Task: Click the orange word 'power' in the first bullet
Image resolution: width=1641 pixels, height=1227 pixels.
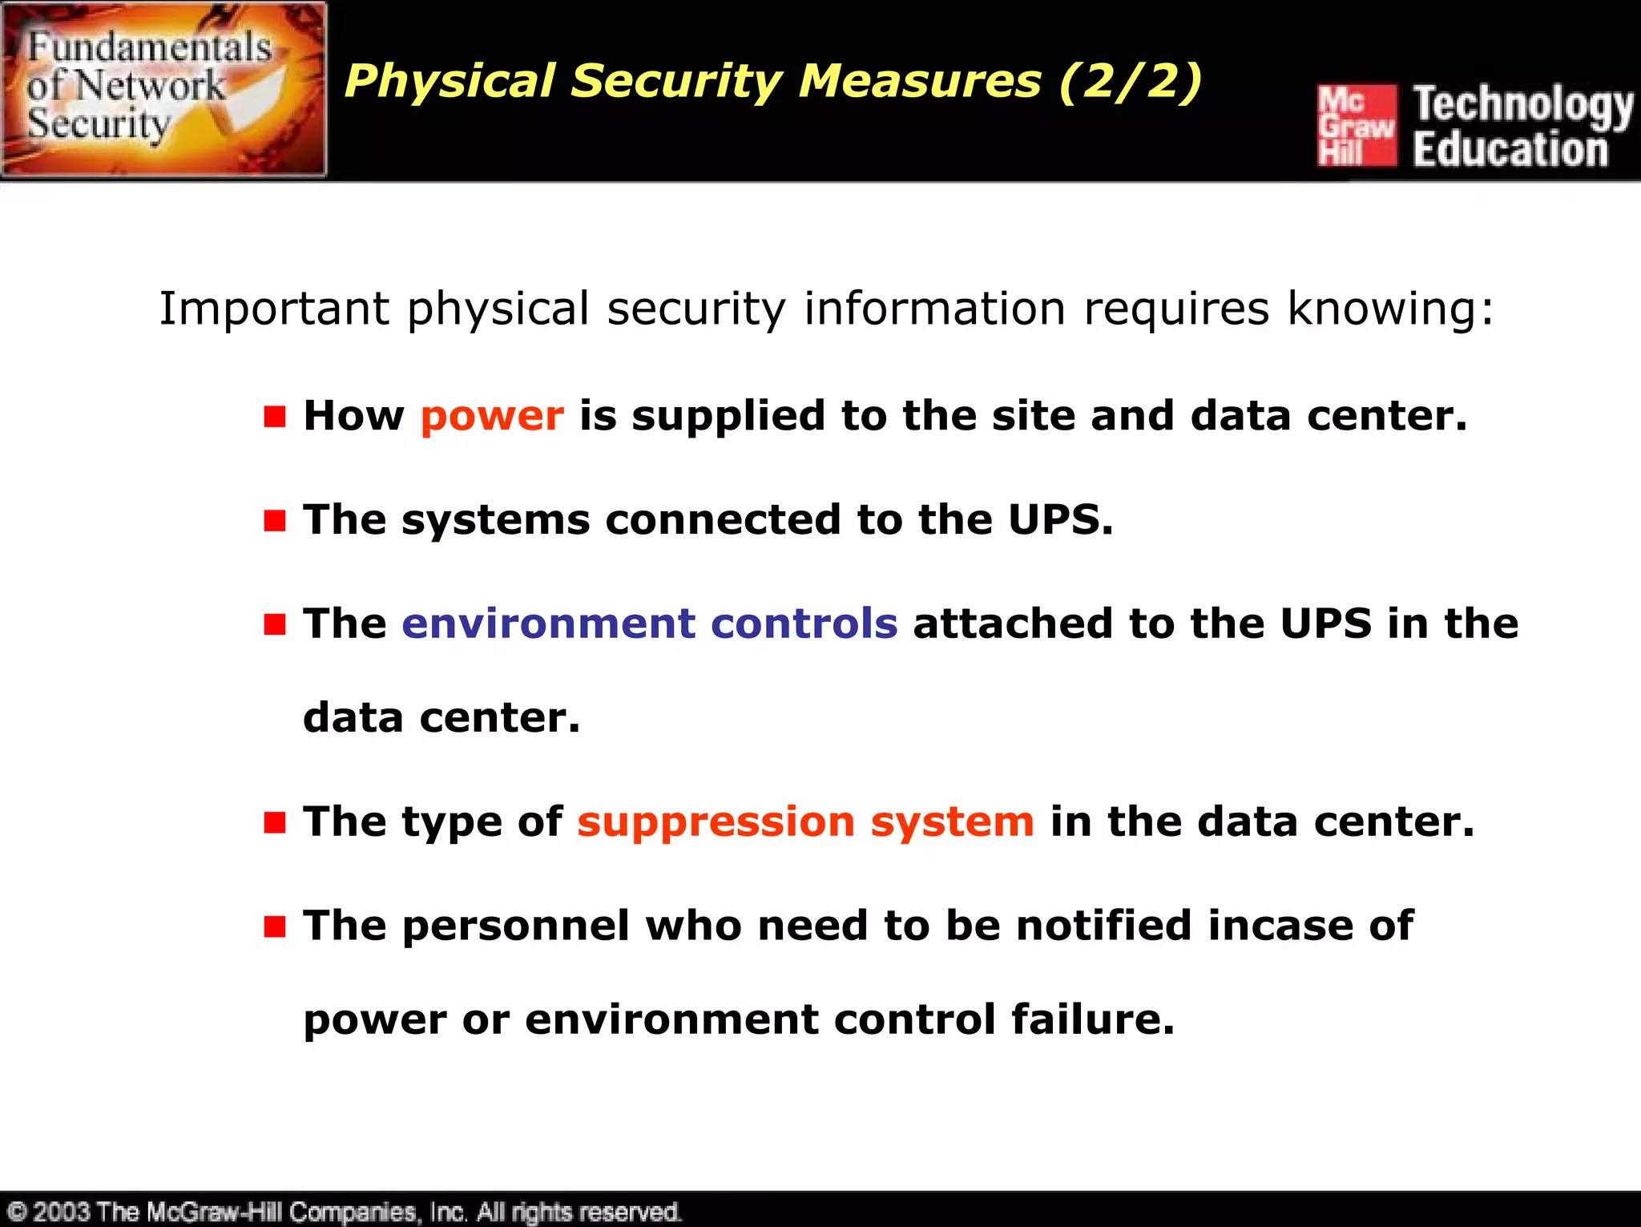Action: [x=492, y=417]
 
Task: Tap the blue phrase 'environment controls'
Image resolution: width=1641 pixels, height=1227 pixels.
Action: [x=649, y=624]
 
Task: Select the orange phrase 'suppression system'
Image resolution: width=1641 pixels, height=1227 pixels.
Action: [x=805, y=822]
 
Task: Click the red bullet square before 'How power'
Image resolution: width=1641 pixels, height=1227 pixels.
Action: [x=275, y=417]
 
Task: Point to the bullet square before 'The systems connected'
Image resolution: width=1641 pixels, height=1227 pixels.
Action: [x=275, y=521]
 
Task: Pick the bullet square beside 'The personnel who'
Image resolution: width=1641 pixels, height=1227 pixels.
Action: [x=275, y=926]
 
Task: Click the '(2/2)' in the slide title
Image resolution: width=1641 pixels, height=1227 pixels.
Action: [x=1130, y=82]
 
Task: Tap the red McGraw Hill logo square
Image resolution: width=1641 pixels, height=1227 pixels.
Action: [x=1357, y=126]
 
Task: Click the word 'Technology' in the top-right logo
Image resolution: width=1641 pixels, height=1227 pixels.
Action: [x=1522, y=105]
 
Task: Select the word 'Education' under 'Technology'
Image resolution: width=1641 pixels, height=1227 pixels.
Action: [x=1510, y=150]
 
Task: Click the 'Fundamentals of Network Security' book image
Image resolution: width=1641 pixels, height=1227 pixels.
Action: [x=164, y=89]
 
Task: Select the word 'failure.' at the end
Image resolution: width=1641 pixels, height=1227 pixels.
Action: [x=1093, y=1019]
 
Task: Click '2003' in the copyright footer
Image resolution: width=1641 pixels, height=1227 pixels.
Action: [x=61, y=1211]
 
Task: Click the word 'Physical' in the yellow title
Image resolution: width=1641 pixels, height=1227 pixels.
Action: [x=450, y=82]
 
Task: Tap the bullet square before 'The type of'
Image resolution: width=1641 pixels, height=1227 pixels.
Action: [x=275, y=822]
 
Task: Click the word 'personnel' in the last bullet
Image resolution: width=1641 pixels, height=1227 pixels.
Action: [x=516, y=926]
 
